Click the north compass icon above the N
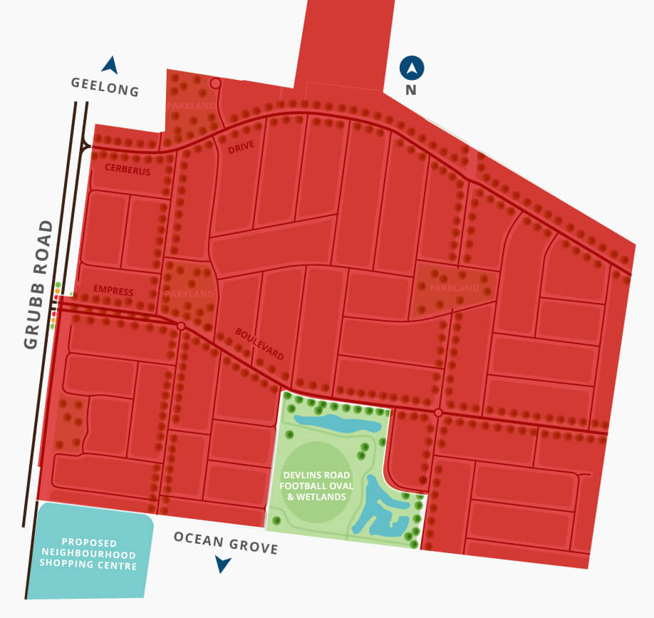click(x=412, y=68)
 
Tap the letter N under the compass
click(x=411, y=91)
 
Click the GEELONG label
click(x=105, y=87)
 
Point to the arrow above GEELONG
click(x=109, y=65)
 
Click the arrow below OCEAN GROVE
click(x=223, y=565)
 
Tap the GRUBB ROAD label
click(x=38, y=284)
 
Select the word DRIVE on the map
click(x=242, y=145)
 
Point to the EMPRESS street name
click(x=113, y=291)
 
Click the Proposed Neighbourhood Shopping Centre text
click(x=88, y=553)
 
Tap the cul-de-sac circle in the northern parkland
click(x=216, y=84)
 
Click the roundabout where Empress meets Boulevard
click(x=181, y=326)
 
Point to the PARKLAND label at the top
click(x=190, y=105)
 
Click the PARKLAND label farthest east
click(x=454, y=288)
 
